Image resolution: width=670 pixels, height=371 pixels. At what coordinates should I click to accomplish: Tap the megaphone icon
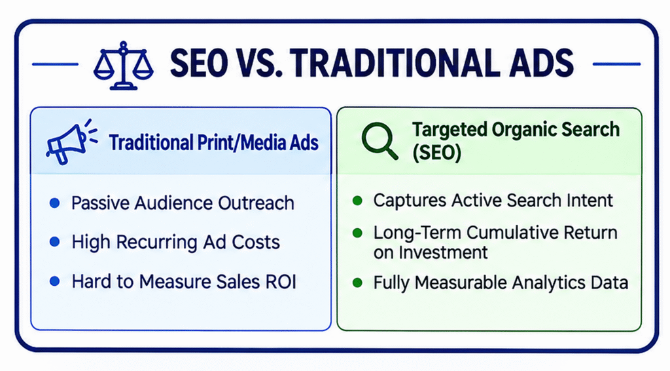[x=71, y=142]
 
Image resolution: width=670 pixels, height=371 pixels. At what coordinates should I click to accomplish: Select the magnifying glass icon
[x=379, y=141]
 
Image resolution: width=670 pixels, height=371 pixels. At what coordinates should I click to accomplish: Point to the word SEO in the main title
[x=199, y=64]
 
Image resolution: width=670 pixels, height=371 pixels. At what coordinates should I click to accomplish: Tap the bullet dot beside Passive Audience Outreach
[x=55, y=203]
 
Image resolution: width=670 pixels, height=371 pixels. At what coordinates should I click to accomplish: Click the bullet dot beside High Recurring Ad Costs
[x=55, y=242]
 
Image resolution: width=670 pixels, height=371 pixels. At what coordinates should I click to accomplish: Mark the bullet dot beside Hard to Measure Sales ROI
[x=55, y=281]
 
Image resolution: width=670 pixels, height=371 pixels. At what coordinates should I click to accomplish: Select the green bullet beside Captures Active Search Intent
[x=357, y=201]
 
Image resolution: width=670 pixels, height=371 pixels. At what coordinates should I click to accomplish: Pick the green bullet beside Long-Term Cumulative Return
[x=357, y=233]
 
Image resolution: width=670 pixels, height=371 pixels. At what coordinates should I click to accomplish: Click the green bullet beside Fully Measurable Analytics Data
[x=357, y=283]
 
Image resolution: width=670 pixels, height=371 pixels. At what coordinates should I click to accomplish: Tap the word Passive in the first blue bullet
[x=99, y=203]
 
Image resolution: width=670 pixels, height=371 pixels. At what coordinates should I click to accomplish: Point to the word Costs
[x=256, y=242]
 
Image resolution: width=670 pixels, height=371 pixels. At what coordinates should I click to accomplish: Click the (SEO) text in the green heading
[x=436, y=152]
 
